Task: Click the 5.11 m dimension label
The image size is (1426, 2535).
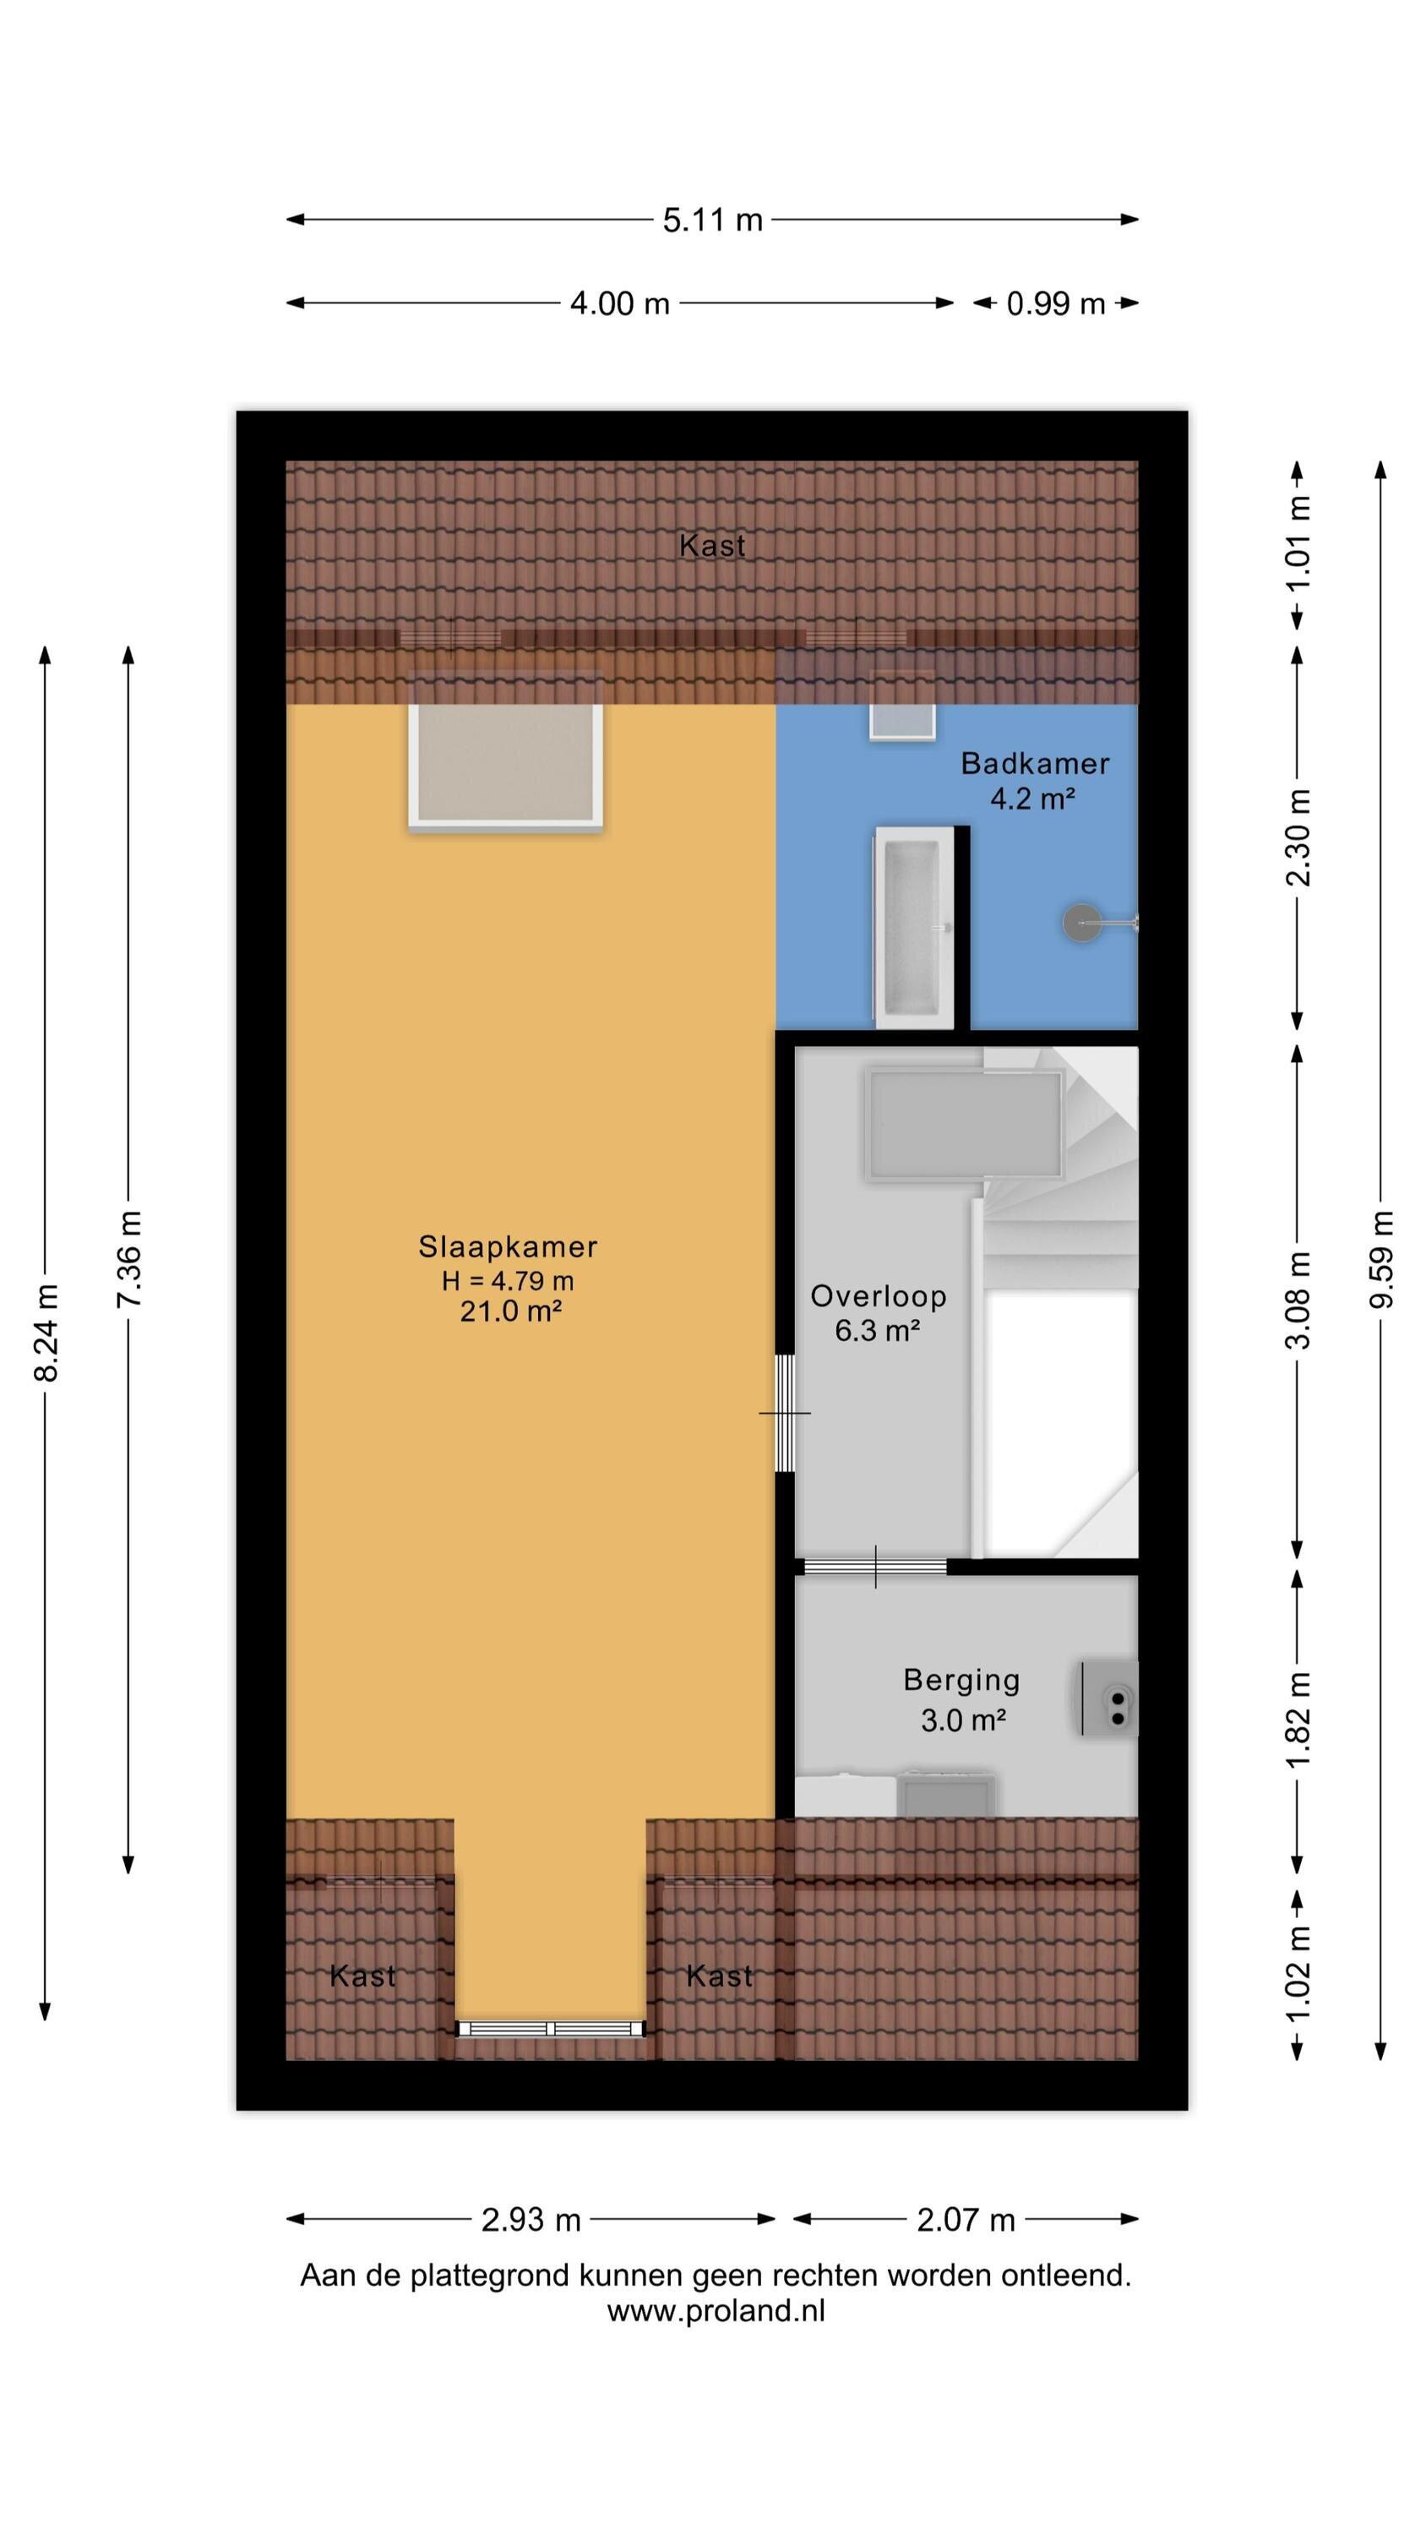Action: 712,220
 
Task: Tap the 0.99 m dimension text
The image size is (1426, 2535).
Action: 1055,303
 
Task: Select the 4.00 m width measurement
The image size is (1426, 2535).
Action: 620,303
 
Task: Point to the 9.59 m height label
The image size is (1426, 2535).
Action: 1382,1259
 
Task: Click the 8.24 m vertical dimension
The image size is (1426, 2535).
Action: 46,1332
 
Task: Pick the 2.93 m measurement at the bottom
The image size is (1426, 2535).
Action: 531,2220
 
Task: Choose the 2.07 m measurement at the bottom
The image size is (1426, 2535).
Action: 966,2220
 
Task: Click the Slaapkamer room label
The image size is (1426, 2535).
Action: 508,1247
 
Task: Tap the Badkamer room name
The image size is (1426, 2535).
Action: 1036,764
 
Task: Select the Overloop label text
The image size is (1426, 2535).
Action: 879,1296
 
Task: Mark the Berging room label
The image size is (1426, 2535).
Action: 961,1681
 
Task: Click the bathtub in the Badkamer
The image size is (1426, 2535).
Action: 914,926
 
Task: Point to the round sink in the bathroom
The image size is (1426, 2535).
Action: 1081,923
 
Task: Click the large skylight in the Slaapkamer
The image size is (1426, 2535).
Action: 506,751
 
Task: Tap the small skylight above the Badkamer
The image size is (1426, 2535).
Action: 901,705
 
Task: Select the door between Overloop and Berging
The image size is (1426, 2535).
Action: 875,1567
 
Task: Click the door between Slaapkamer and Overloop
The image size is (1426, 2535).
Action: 784,1412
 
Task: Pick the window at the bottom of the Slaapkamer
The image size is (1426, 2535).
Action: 551,2028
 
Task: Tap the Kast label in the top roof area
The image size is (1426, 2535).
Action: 712,545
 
